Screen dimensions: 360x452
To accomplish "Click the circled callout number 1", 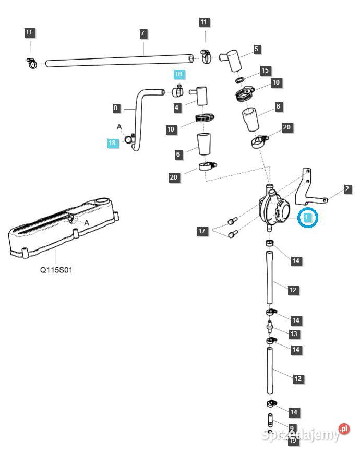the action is coord(307,217).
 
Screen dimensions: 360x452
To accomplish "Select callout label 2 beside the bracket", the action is coord(347,189).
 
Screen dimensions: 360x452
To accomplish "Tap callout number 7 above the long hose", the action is coord(142,33).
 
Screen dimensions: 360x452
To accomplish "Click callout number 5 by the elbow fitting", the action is coord(256,49).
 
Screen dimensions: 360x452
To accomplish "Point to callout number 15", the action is coord(265,70).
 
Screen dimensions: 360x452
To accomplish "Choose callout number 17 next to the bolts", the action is coord(202,231).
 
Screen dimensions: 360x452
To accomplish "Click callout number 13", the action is coord(293,334).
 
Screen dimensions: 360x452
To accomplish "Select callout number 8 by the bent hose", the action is coord(116,108).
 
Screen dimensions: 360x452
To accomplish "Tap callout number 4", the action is coord(177,108).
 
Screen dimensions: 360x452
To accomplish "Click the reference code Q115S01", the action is coord(56,270).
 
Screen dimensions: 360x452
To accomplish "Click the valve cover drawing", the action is coord(64,228).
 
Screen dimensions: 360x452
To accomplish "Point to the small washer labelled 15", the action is coord(239,80).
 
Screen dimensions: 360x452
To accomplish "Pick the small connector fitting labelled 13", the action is coord(270,327).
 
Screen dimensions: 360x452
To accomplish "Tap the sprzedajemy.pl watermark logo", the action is coord(306,434).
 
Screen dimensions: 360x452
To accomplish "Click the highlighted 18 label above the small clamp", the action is coord(178,74).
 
